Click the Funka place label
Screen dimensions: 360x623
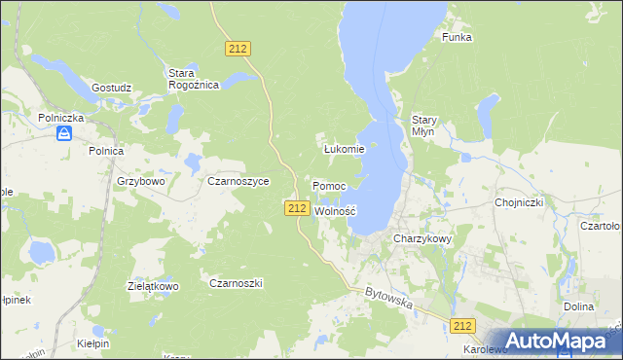[457, 37]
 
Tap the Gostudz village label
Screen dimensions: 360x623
[111, 87]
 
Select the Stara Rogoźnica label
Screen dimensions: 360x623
[193, 79]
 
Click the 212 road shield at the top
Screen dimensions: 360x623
[238, 47]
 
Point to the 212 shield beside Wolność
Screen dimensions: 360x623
[298, 208]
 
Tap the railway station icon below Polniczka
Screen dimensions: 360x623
[63, 133]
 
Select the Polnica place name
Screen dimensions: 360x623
[105, 151]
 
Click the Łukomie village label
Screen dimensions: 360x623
[344, 149]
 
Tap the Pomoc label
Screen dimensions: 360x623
[329, 185]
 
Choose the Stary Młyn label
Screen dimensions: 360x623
[424, 126]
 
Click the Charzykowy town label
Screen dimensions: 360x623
[422, 237]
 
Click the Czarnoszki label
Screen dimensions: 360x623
[237, 282]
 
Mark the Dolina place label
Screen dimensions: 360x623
[578, 306]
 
